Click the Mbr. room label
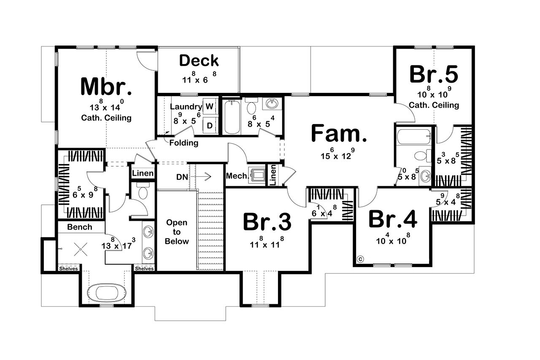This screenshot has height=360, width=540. tap(106, 87)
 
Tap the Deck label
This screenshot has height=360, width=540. tap(199, 61)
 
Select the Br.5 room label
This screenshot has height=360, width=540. tap(433, 74)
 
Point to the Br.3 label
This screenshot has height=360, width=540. tap(267, 222)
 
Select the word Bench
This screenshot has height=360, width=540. tap(80, 227)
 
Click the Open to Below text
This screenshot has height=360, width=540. tap(176, 232)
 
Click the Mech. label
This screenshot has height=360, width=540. tap(237, 176)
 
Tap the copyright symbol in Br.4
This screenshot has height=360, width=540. tap(361, 259)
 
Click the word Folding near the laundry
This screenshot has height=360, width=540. tap(184, 143)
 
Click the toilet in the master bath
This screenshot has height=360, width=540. tap(142, 193)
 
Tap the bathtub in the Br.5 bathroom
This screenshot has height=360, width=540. tap(413, 136)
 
